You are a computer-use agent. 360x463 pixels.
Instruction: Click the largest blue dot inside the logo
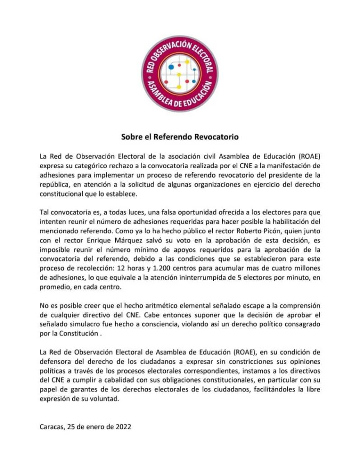(171, 67)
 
